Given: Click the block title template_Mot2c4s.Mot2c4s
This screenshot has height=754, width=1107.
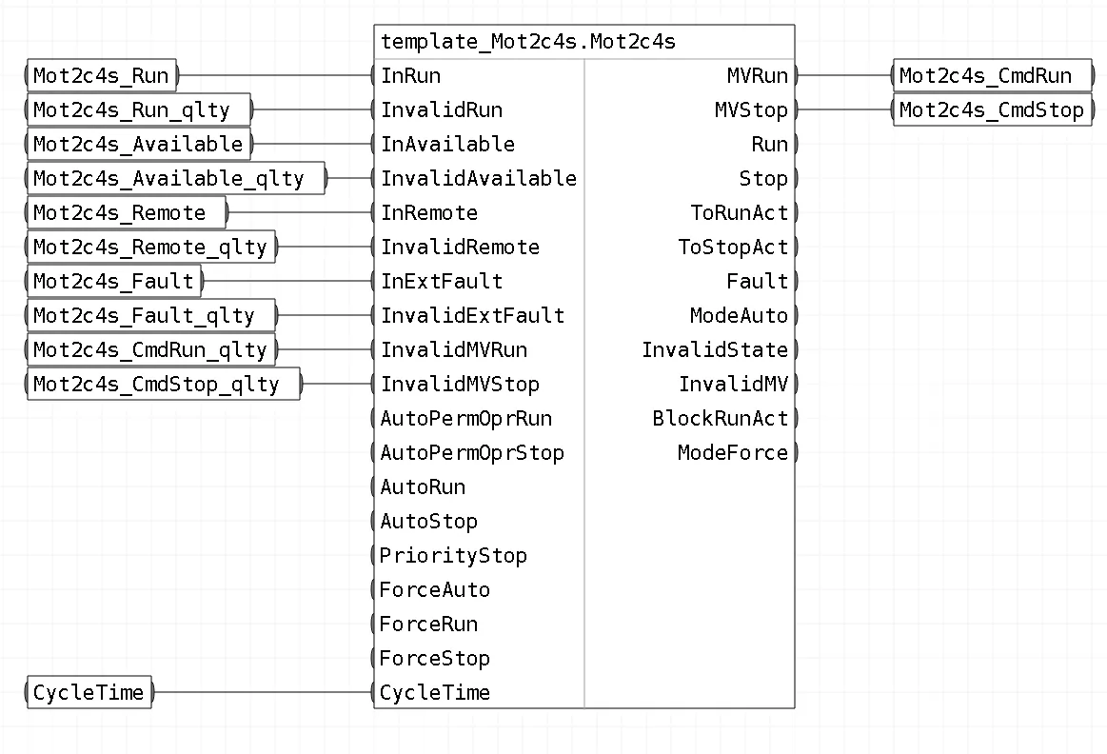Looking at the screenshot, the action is tap(527, 42).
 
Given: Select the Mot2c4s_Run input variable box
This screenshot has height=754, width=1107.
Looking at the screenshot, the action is tap(101, 75).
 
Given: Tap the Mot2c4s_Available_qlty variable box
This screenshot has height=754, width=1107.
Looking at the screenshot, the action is tap(176, 179).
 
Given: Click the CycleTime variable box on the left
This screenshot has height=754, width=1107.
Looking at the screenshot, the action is tap(89, 692).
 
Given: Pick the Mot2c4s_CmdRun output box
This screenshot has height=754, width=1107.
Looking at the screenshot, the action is tap(993, 75).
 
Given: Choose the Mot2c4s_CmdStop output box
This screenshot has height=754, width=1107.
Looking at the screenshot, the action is tap(993, 110).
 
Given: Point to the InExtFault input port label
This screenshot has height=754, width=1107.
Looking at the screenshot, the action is tap(442, 282).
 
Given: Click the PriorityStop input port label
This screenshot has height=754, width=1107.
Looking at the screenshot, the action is tap(453, 556).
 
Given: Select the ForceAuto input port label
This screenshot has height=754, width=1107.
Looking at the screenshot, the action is tap(435, 590).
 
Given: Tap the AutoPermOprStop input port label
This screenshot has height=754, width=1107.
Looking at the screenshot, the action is tap(472, 453).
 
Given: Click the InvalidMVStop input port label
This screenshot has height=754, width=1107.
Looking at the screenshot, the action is tap(461, 384).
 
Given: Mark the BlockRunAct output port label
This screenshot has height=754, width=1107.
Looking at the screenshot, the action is tap(721, 419).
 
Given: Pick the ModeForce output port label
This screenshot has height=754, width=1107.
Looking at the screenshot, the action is tap(733, 453).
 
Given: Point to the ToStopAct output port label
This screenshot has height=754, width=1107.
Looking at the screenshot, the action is tap(733, 248).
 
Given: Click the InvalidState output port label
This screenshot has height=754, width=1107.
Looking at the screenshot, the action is tap(715, 350).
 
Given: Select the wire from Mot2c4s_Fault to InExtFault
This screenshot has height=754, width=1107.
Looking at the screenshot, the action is tap(288, 282).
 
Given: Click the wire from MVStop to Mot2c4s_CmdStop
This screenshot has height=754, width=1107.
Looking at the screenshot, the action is tap(845, 110).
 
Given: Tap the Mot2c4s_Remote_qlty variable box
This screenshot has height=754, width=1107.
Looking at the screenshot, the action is tap(151, 248).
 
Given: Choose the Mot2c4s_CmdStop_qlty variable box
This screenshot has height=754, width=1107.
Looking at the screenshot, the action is tap(164, 384).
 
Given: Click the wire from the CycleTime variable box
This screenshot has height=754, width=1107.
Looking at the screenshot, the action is tap(264, 692).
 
